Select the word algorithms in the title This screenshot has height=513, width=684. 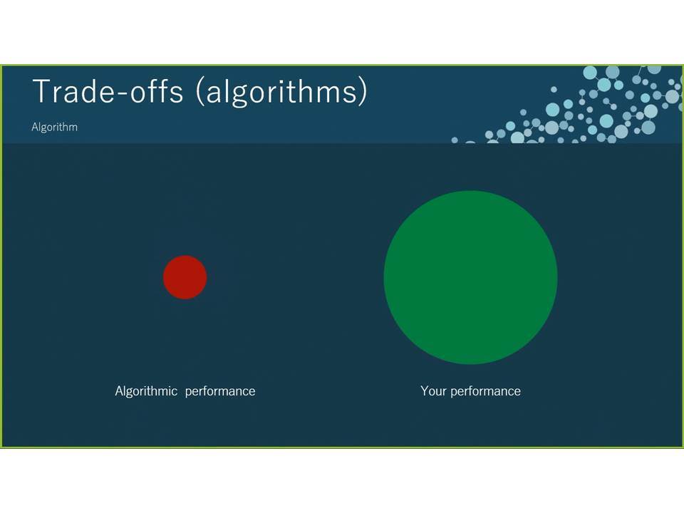point(281,93)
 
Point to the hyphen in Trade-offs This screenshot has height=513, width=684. point(120,93)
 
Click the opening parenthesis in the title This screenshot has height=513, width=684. point(199,92)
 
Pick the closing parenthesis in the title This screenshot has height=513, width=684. point(363,92)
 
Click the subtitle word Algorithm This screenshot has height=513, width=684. point(55,127)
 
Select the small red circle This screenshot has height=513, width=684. point(185,277)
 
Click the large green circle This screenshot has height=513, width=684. point(471,277)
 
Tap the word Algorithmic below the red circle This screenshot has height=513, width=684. point(146,391)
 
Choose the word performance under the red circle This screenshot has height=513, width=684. point(220,392)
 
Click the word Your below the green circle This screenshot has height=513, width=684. point(433,391)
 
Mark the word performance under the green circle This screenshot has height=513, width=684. point(485,392)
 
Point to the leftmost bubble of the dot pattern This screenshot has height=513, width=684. point(455,140)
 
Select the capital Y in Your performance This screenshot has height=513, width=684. point(425,391)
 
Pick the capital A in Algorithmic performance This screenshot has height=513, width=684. point(120,391)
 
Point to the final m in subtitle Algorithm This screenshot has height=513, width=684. point(73,128)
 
